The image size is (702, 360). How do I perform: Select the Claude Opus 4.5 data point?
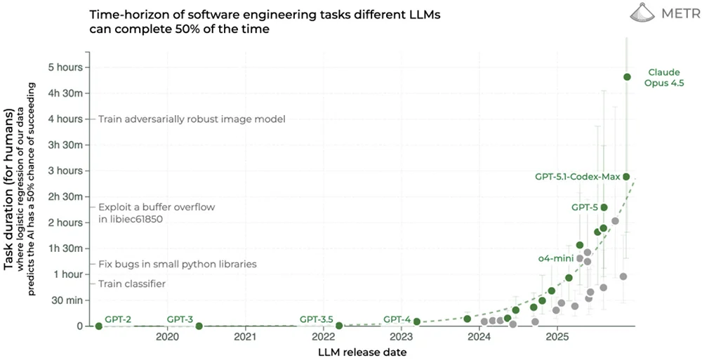627,77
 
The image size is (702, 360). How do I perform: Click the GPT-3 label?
180,319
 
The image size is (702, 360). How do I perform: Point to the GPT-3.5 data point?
339,326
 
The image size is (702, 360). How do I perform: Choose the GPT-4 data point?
416,321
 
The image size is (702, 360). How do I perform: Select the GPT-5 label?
584,208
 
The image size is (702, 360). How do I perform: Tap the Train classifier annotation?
132,284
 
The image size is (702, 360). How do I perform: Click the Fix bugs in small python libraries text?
177,265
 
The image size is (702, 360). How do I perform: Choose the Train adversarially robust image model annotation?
192,119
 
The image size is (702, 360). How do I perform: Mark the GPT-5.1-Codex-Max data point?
626,177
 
